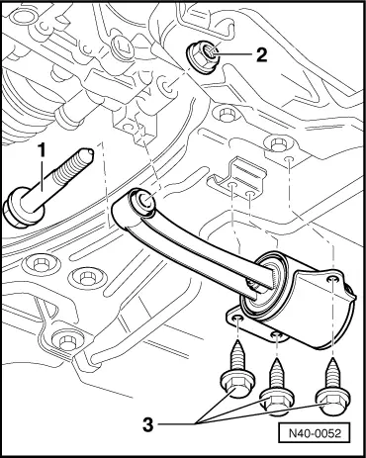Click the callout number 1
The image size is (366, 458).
coord(42,150)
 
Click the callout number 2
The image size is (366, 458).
coord(261,54)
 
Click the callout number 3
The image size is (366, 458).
coord(148,424)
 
